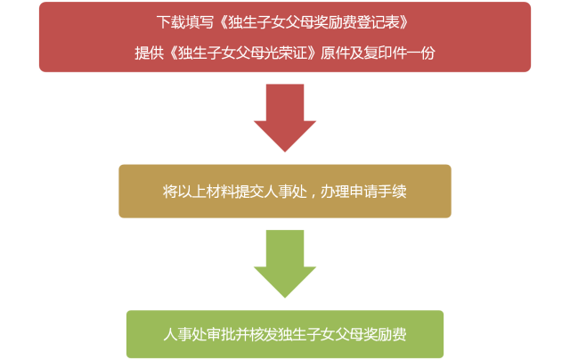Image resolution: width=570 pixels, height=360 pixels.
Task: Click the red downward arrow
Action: (x=285, y=116)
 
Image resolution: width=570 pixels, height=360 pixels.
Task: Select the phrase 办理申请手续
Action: (x=363, y=192)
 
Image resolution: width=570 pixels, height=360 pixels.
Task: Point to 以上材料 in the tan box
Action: (x=202, y=192)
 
